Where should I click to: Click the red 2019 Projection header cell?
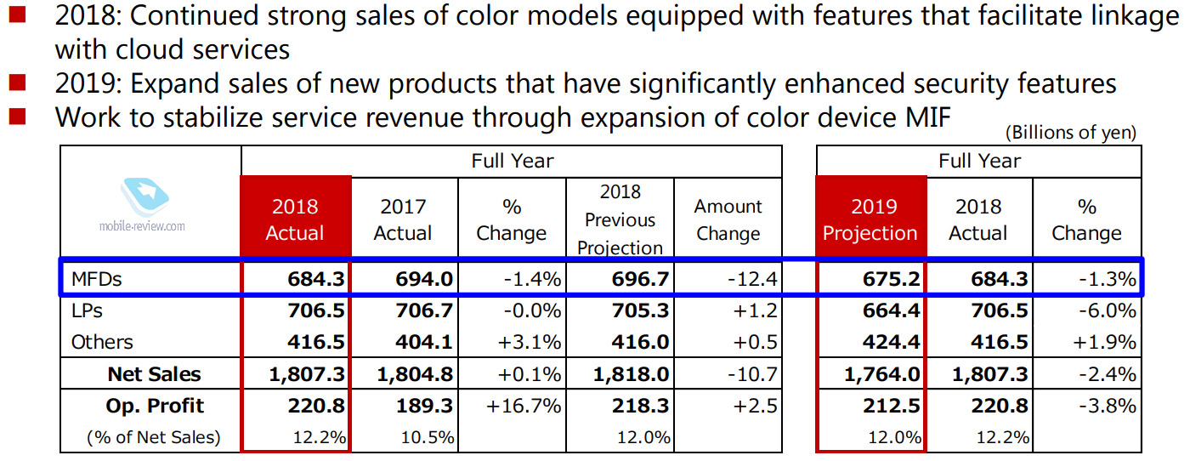(871, 219)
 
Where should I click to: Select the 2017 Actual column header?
(404, 219)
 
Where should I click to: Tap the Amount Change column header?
(728, 219)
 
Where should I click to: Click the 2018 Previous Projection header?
(620, 219)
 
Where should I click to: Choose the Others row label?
(102, 342)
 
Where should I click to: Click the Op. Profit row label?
(156, 406)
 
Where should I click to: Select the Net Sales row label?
(155, 374)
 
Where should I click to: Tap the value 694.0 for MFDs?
(422, 279)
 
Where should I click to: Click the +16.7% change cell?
(524, 406)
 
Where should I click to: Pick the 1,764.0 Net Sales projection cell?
(883, 374)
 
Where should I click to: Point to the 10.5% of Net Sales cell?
(428, 438)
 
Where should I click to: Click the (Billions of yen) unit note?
(1070, 133)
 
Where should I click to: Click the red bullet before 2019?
(18, 83)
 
